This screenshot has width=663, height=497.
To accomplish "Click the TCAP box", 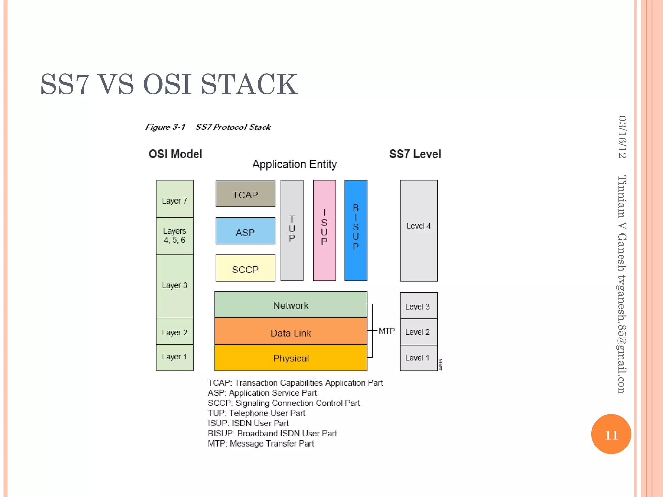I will (245, 194).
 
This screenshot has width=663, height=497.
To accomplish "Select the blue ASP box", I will (245, 231).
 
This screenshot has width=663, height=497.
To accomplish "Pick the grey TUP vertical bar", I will (292, 230).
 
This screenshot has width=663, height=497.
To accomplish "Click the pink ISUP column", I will (324, 230).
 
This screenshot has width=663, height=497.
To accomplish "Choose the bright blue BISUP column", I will (356, 230).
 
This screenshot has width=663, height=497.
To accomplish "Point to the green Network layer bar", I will (291, 304).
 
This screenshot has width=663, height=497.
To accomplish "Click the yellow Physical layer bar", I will (291, 358).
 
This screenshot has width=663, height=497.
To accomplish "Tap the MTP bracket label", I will (387, 331).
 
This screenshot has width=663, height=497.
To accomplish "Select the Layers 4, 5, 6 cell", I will (174, 236).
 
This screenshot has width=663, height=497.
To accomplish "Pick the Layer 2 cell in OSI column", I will (174, 332).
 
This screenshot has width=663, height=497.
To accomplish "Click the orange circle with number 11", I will (611, 434).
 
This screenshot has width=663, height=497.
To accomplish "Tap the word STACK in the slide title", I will (249, 84).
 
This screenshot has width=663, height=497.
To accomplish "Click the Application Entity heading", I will (294, 164).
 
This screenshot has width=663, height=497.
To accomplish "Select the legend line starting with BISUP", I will (272, 433).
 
